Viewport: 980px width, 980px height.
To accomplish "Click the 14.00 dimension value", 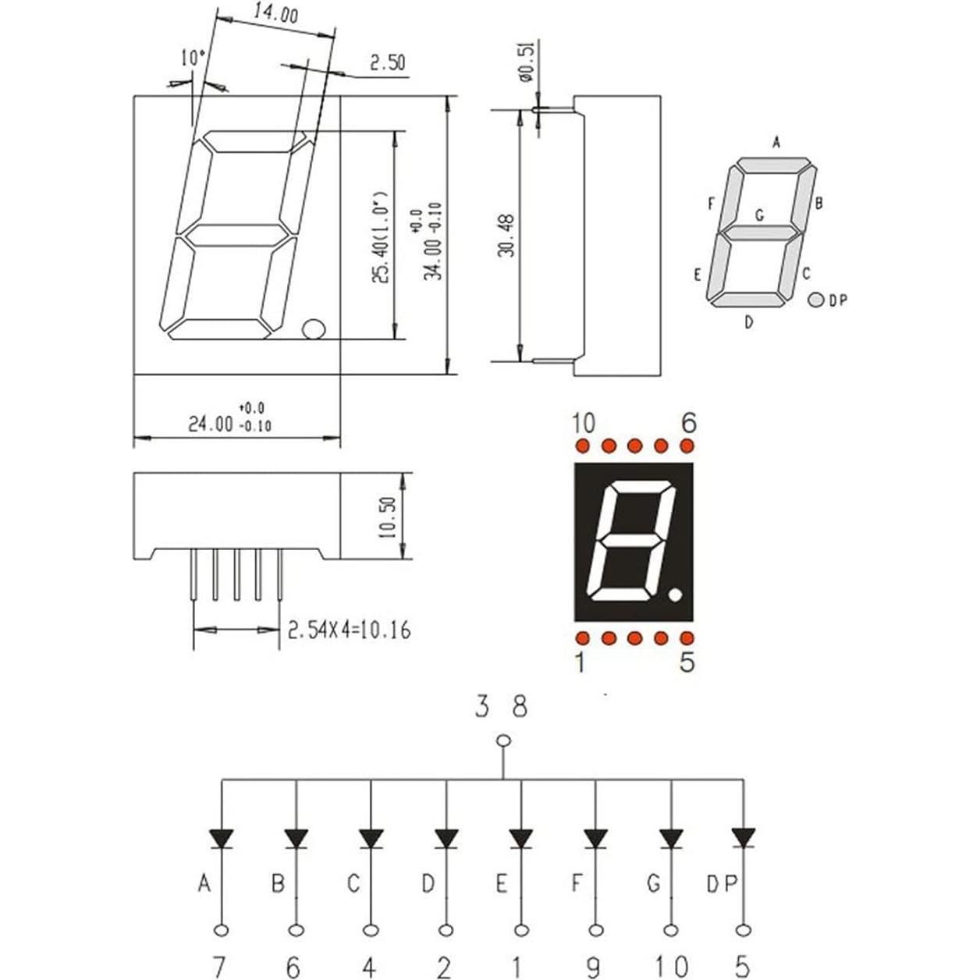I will (x=275, y=14).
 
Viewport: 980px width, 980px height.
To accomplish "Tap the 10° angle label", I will (x=193, y=58).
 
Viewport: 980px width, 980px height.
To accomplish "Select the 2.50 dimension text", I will (x=388, y=63).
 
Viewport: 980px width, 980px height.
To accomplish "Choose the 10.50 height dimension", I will (x=388, y=517).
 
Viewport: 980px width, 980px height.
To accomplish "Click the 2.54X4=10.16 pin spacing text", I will (x=349, y=630).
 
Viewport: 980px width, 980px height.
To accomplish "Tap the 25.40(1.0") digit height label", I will (x=380, y=237).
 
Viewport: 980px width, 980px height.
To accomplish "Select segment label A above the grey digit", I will (x=776, y=142).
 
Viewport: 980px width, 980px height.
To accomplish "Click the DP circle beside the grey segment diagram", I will (x=816, y=300).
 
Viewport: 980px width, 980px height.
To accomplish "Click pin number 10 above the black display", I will (x=583, y=424).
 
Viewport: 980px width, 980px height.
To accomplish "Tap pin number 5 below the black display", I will (x=687, y=662).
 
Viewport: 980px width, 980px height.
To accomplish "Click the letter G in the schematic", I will (x=654, y=883).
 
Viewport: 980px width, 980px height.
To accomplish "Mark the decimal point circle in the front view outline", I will (x=313, y=329).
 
